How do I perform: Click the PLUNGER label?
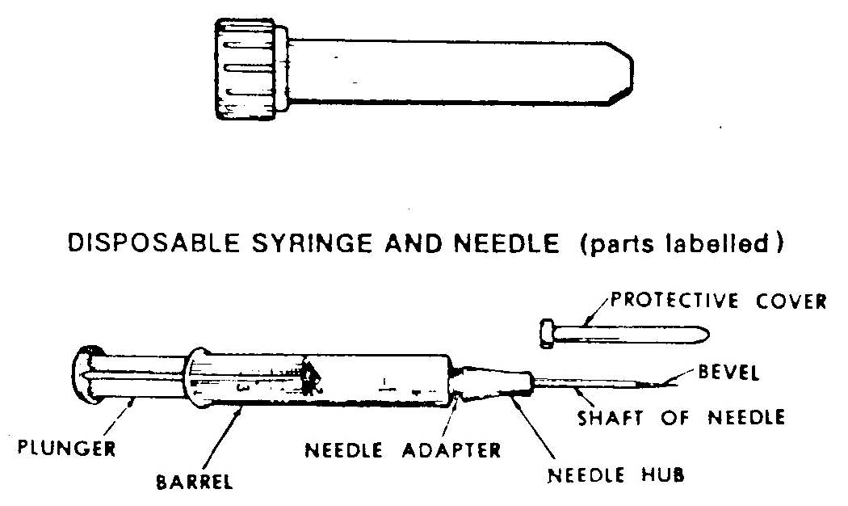pyautogui.click(x=67, y=448)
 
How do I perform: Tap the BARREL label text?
pyautogui.click(x=195, y=482)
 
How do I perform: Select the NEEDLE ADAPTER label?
pyautogui.click(x=403, y=450)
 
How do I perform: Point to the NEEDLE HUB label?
pyautogui.click(x=616, y=475)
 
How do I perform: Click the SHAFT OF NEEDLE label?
pyautogui.click(x=682, y=417)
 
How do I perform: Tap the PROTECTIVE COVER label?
pyautogui.click(x=719, y=301)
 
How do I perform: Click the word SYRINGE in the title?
pyautogui.click(x=312, y=243)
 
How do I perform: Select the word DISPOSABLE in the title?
pyautogui.click(x=153, y=243)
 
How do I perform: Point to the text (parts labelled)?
pyautogui.click(x=682, y=243)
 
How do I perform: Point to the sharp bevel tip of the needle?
pyautogui.click(x=674, y=384)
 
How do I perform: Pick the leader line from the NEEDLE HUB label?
pyautogui.click(x=532, y=430)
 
